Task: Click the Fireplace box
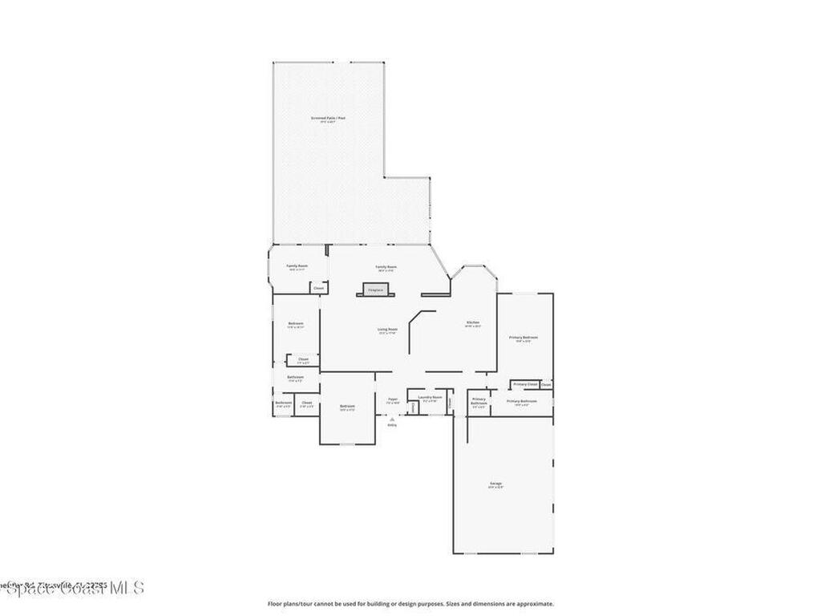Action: [376, 290]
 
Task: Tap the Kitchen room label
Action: [473, 322]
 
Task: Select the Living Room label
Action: [388, 329]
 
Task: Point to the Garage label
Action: [496, 483]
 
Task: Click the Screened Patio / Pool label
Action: [328, 118]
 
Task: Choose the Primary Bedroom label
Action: [524, 338]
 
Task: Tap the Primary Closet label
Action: [525, 384]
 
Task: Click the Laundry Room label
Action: [430, 396]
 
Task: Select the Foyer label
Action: [393, 399]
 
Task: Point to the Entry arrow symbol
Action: [392, 419]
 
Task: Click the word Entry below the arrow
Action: [392, 425]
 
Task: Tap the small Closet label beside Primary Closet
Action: [546, 385]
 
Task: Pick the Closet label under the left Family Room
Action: [318, 288]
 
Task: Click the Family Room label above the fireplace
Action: [386, 266]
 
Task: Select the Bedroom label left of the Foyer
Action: [347, 407]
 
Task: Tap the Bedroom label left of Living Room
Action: [296, 323]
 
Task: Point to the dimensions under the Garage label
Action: [496, 487]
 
